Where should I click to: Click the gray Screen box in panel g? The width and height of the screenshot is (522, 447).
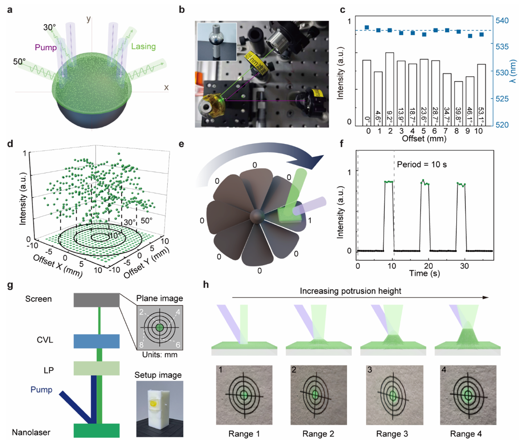coord(96,300)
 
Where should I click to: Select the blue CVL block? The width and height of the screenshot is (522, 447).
coord(96,341)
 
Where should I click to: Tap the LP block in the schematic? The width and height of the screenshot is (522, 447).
coord(96,368)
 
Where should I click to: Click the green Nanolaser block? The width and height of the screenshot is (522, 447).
coord(96,430)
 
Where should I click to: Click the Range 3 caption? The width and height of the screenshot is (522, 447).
coord(392,435)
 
